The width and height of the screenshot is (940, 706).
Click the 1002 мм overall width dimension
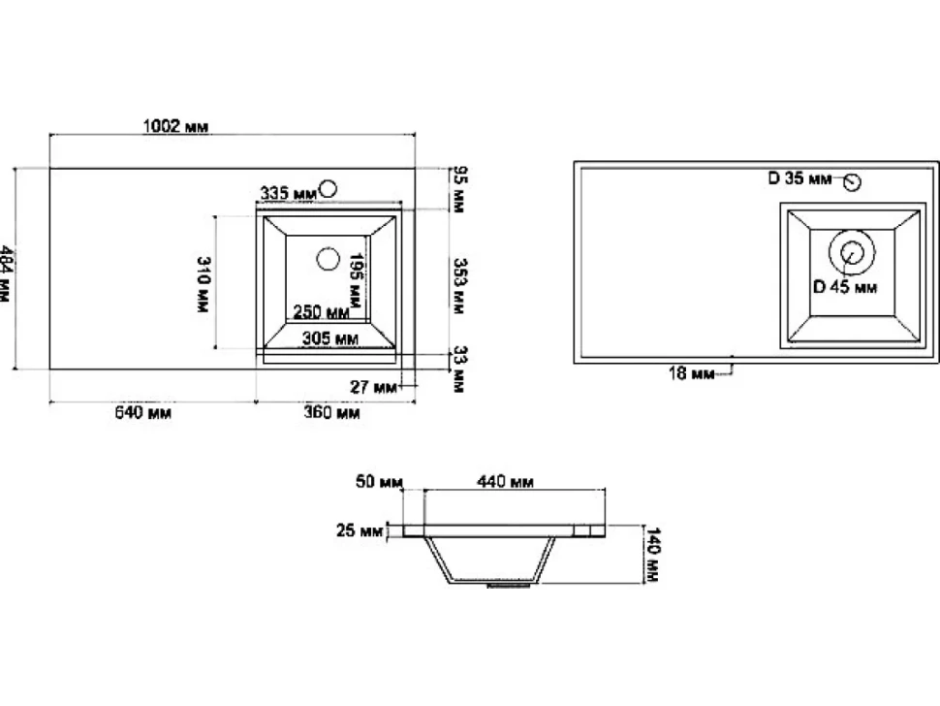tap(175, 126)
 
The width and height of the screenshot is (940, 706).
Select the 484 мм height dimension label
tap(5, 273)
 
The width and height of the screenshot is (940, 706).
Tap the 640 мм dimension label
tap(142, 413)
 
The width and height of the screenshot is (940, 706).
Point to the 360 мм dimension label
tap(331, 413)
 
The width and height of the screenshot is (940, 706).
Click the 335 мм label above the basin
tap(288, 193)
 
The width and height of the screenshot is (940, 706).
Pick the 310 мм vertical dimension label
tap(204, 284)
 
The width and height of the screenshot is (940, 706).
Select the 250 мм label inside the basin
tap(321, 312)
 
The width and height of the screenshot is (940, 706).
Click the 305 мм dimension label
tap(330, 338)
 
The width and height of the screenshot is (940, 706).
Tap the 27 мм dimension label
tap(373, 387)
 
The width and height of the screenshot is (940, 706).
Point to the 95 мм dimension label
tap(459, 189)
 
